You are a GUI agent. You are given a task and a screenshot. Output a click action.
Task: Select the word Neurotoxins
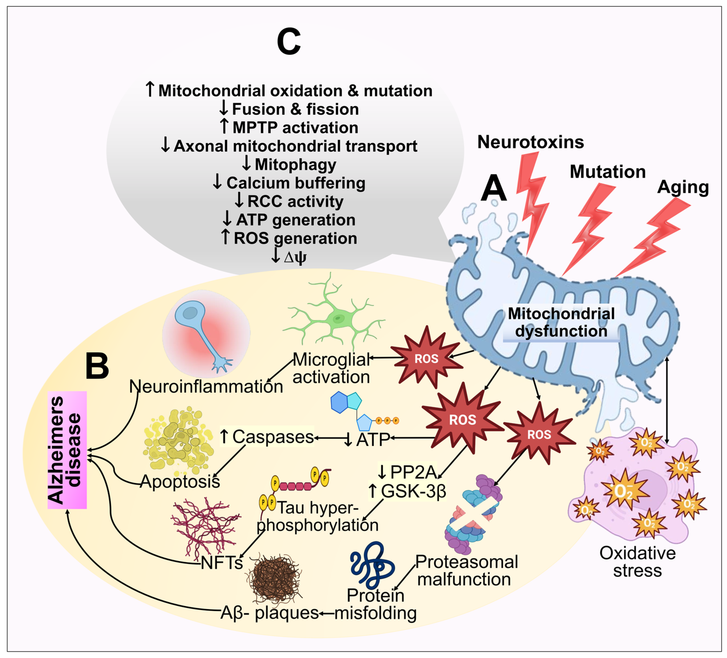point(530,142)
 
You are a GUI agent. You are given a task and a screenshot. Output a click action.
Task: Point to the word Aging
point(683,187)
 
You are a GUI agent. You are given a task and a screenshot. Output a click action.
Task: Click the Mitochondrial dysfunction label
point(561,323)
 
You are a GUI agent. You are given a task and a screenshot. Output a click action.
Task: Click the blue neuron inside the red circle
point(202,331)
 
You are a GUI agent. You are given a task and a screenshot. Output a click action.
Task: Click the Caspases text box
point(267,437)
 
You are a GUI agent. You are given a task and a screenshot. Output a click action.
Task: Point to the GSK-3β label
point(407,491)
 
